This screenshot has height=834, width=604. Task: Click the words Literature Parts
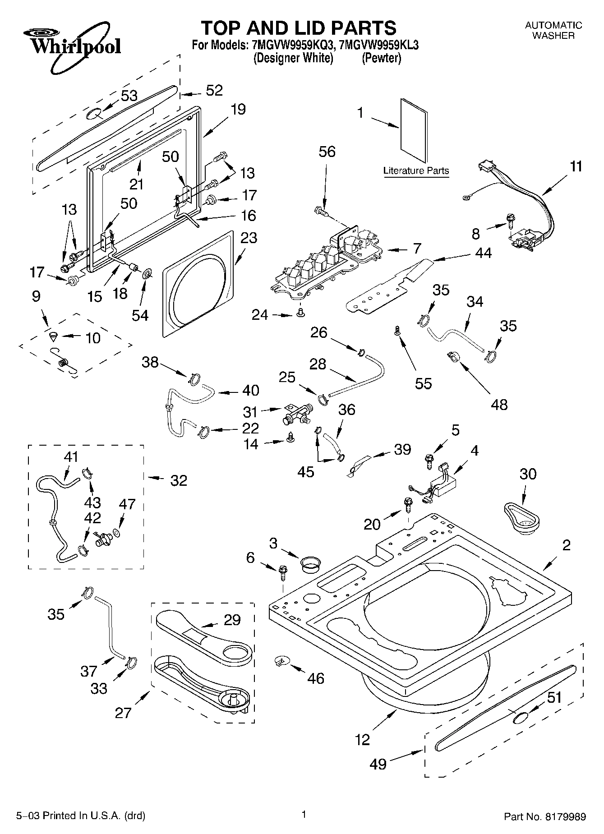click(x=416, y=170)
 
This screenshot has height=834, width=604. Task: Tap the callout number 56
click(x=327, y=152)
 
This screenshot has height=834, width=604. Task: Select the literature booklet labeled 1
click(x=413, y=131)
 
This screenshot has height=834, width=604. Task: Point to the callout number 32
click(x=179, y=480)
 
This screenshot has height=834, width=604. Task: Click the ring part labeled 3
click(x=310, y=564)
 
